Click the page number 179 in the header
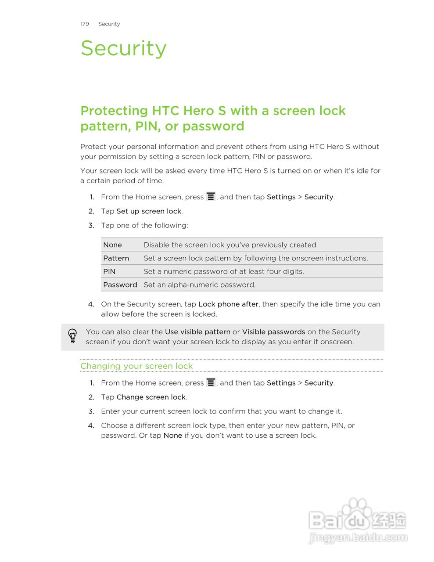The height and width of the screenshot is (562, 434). [85, 24]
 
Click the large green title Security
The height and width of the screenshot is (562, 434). [123, 48]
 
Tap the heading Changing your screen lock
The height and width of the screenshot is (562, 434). [136, 366]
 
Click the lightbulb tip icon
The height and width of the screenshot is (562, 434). [72, 336]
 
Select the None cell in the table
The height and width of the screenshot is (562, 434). [112, 245]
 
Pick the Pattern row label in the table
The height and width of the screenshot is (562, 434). [116, 258]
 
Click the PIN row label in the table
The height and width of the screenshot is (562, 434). [109, 271]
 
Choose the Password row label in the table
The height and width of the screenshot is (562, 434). [120, 285]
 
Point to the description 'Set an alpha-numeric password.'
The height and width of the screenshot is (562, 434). [199, 285]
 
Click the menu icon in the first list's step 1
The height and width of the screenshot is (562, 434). [211, 197]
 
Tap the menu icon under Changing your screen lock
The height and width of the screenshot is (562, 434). [211, 382]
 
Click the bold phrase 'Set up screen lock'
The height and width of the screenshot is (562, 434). [149, 211]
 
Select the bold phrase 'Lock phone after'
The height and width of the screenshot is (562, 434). [228, 304]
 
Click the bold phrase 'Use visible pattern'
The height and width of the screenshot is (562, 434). [197, 332]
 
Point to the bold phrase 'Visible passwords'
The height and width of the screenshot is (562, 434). [273, 332]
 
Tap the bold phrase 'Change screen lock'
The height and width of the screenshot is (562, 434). [151, 397]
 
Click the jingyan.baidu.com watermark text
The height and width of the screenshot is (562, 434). [358, 537]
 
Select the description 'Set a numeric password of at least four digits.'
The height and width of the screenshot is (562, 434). [224, 271]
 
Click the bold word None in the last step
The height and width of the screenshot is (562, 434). [172, 436]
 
